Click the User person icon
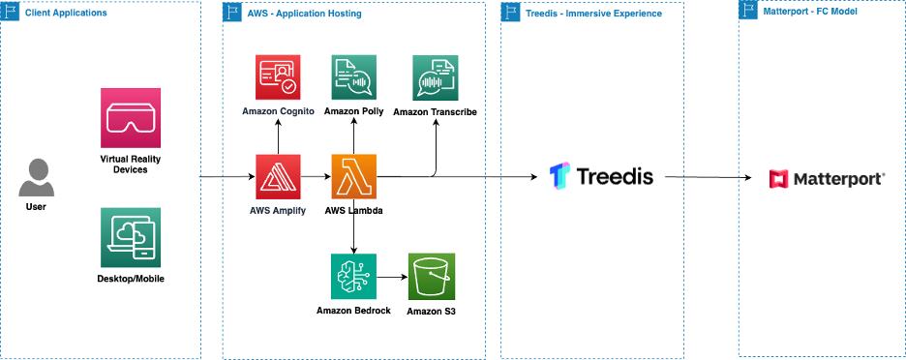pos(36,178)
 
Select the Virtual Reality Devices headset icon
pos(124,118)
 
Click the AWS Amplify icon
pos(278,177)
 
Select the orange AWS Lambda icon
pos(354,177)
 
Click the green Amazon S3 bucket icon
pos(431,278)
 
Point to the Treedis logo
pos(601,176)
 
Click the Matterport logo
pos(826,178)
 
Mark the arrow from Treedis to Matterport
pos(709,177)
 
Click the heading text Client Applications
pos(68,14)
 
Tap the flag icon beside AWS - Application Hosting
pos(232,14)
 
